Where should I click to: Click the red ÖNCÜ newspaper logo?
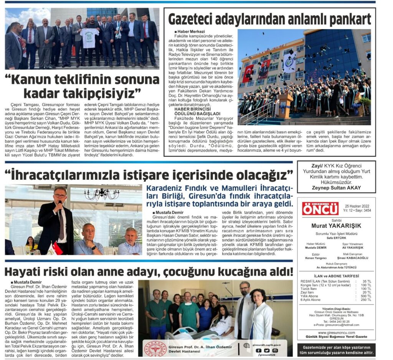point(320,209)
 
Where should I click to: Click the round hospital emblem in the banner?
point(155,348)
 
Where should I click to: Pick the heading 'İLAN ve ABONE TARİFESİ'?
point(336,276)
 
